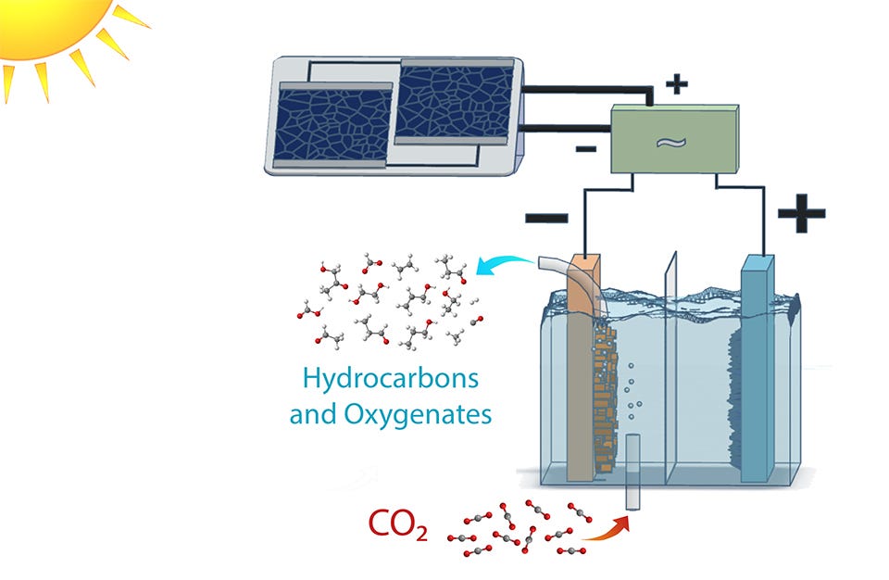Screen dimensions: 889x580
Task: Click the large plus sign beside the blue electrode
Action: [801, 213]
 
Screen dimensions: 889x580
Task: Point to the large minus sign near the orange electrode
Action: [546, 218]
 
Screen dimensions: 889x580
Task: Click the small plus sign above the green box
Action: [676, 84]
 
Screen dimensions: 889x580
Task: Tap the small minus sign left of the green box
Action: [585, 149]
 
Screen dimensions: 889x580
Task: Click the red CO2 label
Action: [398, 524]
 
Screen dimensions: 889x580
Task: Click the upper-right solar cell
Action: [454, 102]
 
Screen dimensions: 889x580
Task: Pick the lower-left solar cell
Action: [332, 125]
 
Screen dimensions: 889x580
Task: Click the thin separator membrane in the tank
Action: [670, 369]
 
